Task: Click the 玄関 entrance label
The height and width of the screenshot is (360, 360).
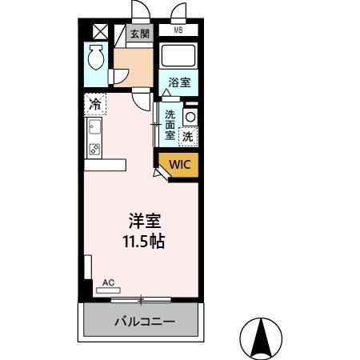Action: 140,34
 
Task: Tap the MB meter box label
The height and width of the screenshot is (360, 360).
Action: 178,30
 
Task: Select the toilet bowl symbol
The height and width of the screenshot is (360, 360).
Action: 97,58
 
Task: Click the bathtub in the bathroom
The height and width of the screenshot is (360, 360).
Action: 179,56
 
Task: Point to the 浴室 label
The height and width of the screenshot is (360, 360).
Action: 179,82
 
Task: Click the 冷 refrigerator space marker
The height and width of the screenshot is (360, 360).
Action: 95,104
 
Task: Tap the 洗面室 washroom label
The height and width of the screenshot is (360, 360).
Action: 170,125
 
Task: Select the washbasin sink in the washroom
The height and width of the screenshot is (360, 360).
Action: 190,116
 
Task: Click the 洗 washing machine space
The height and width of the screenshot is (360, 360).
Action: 187,135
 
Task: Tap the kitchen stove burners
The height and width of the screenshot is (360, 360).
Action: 94,149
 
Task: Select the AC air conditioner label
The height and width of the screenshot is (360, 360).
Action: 108,282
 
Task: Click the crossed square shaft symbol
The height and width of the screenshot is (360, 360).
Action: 101,31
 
